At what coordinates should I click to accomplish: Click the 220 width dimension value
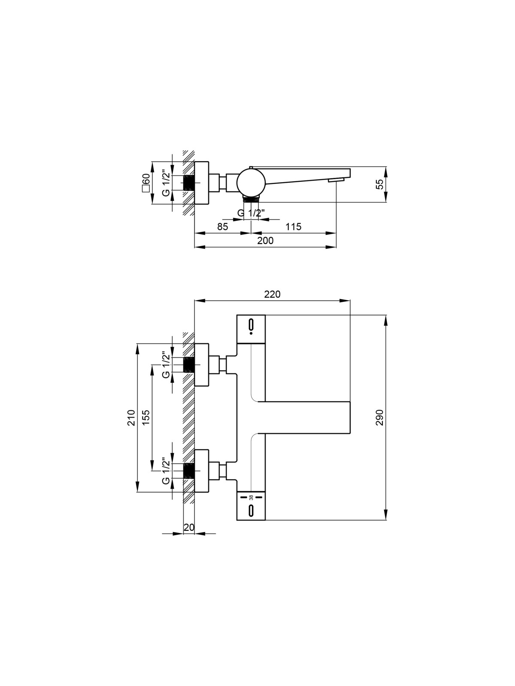coord(273,294)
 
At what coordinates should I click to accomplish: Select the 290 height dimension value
coord(379,418)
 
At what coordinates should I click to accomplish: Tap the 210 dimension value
coord(131,418)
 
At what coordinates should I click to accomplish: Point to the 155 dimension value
coord(146,418)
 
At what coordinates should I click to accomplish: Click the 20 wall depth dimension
coord(189,527)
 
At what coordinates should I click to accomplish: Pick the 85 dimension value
coord(223,226)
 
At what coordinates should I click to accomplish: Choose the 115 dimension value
coord(293,226)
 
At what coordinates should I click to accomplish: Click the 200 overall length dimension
coord(265,241)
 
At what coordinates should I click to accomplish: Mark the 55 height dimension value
coord(379,184)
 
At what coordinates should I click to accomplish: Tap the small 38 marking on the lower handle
coord(251,497)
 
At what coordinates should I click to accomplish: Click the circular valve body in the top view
coord(251,183)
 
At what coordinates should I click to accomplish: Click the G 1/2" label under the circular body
coord(251,213)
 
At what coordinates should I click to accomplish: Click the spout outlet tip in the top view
coord(336,180)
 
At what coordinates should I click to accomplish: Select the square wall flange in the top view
coord(201,183)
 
